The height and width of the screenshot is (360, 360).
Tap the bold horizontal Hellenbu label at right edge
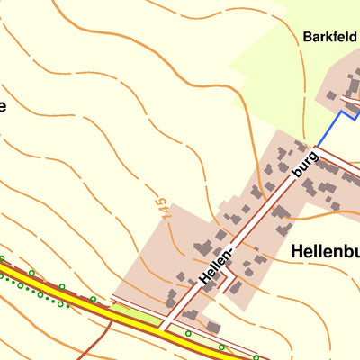click(325, 253)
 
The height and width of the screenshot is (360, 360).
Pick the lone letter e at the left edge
click(3, 107)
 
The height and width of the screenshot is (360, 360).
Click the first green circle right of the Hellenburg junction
click(188, 334)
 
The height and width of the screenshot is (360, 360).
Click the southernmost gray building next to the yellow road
click(213, 327)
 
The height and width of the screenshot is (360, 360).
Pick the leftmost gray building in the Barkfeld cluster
click(330, 94)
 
